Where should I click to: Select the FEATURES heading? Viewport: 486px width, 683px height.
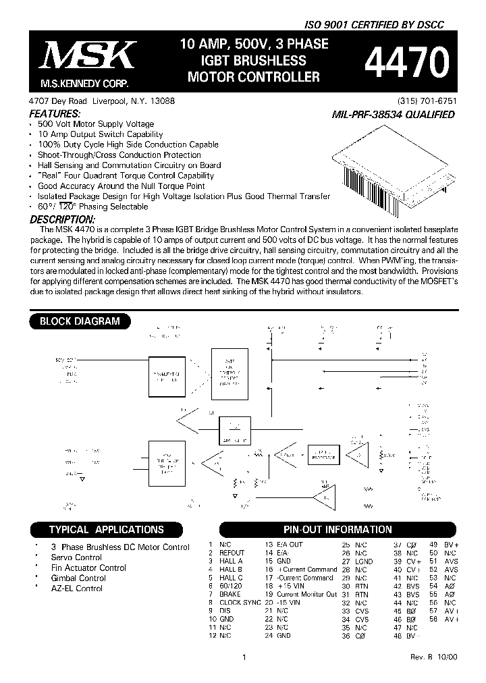(55, 114)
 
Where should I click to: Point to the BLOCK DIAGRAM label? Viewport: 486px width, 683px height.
(80, 321)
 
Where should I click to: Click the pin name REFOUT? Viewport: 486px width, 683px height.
(232, 553)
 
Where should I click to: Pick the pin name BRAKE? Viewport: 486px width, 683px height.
(230, 594)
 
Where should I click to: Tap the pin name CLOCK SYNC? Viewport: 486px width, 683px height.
(240, 602)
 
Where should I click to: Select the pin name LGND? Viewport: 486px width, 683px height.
(364, 561)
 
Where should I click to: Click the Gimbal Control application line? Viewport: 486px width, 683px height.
(78, 578)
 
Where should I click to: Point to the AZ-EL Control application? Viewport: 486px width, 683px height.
(77, 589)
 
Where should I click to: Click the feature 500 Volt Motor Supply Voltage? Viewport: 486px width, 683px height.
(96, 124)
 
